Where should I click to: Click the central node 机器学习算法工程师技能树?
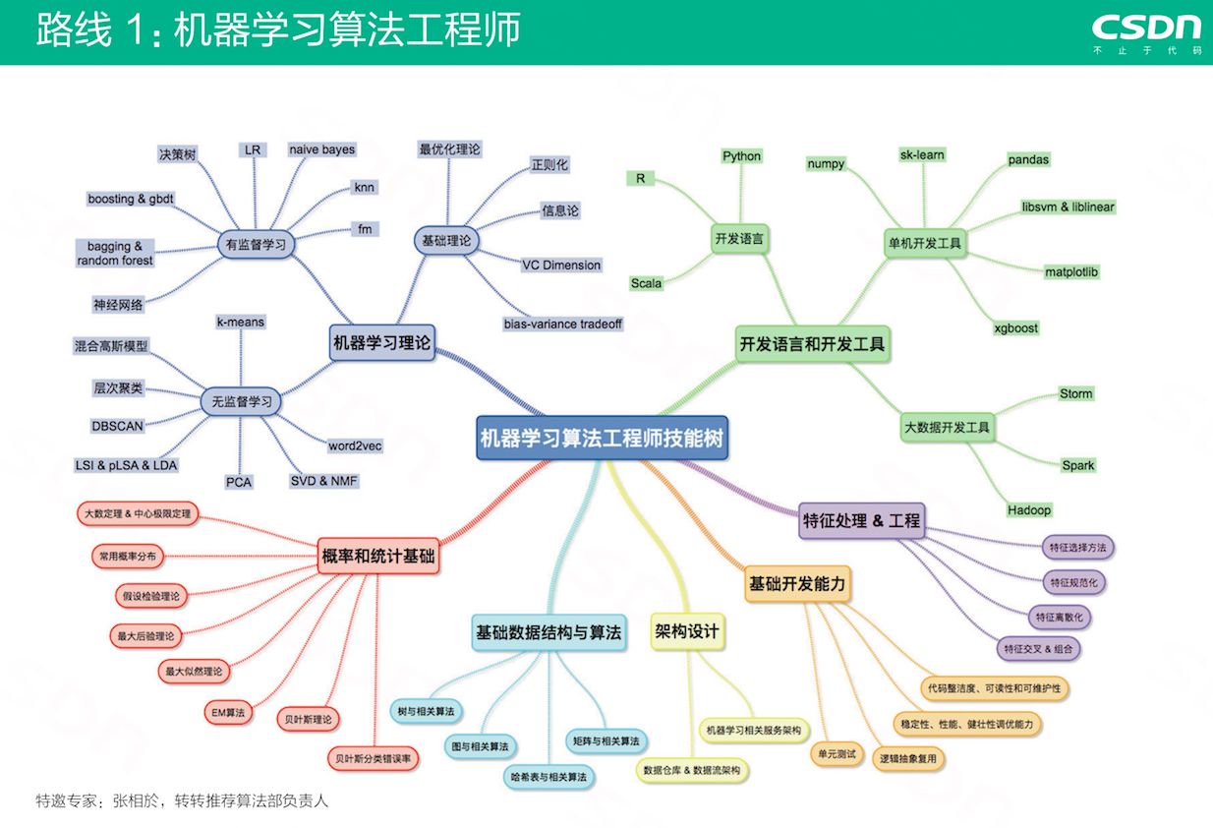click(602, 438)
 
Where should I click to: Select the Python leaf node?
click(741, 156)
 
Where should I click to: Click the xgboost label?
click(1015, 327)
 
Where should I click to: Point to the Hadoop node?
click(1028, 509)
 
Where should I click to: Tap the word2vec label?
click(355, 445)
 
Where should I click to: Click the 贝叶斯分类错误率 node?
click(373, 758)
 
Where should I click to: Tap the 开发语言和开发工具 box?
click(812, 344)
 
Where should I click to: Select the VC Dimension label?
click(560, 265)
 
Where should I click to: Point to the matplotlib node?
click(1071, 271)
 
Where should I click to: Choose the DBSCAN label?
click(118, 426)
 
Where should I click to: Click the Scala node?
click(646, 283)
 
